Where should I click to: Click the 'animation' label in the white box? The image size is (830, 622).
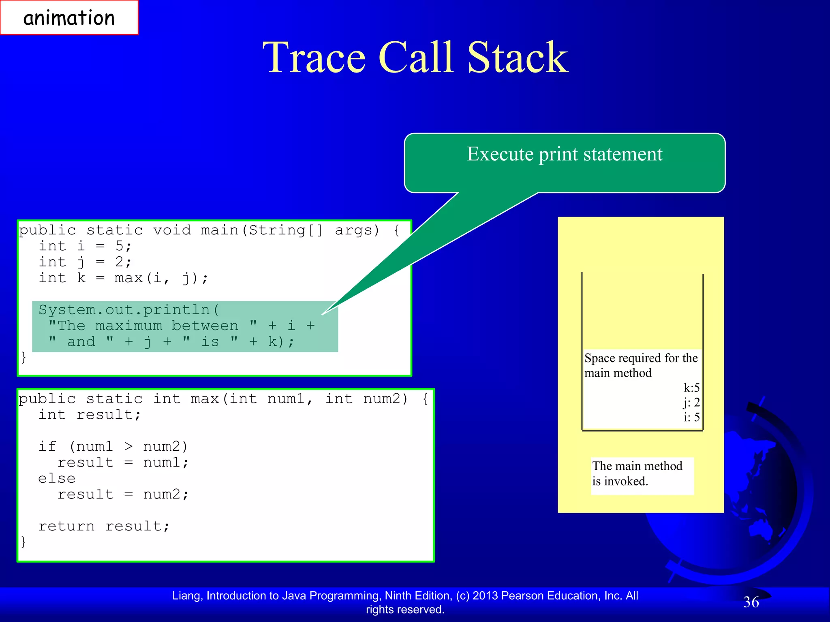click(x=69, y=18)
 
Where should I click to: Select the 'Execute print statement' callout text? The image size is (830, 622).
click(x=564, y=154)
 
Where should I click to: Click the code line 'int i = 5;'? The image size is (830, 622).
click(x=85, y=246)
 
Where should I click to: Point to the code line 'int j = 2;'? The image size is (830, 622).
click(x=85, y=262)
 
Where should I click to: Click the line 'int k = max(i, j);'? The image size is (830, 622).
click(x=123, y=278)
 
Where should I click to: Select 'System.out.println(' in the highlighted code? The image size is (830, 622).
click(x=128, y=310)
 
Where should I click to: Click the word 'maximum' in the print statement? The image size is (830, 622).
click(x=128, y=326)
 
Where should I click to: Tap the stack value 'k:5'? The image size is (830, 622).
click(x=691, y=388)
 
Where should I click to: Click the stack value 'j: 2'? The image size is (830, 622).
click(x=691, y=403)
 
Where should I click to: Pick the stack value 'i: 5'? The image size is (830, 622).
click(x=691, y=417)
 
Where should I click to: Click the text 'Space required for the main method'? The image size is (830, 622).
click(x=640, y=365)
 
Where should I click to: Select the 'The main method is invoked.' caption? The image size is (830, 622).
click(x=637, y=473)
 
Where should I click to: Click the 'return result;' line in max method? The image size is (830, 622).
click(x=104, y=526)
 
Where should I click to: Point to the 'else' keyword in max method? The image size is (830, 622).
click(x=57, y=478)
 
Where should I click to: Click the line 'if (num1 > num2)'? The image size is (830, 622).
click(x=113, y=446)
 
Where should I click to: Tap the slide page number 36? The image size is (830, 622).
click(x=751, y=602)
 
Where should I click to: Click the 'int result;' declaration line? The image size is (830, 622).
click(x=90, y=415)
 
